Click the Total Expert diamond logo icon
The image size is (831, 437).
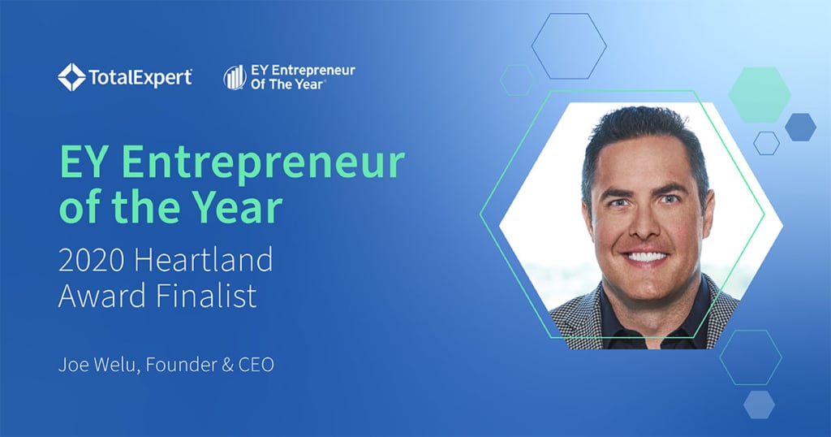click(x=71, y=77)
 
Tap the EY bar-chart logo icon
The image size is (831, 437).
click(x=235, y=77)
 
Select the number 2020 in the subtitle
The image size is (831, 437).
click(x=91, y=260)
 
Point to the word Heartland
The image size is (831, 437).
click(x=204, y=259)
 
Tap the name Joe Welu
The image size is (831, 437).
click(x=99, y=365)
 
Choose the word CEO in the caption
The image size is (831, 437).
click(x=256, y=365)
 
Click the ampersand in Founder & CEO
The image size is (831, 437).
click(x=228, y=365)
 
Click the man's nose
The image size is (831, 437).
click(x=642, y=225)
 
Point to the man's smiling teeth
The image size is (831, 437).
click(x=645, y=257)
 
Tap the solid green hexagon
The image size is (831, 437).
click(x=760, y=94)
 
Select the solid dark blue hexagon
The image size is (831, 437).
click(x=800, y=128)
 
